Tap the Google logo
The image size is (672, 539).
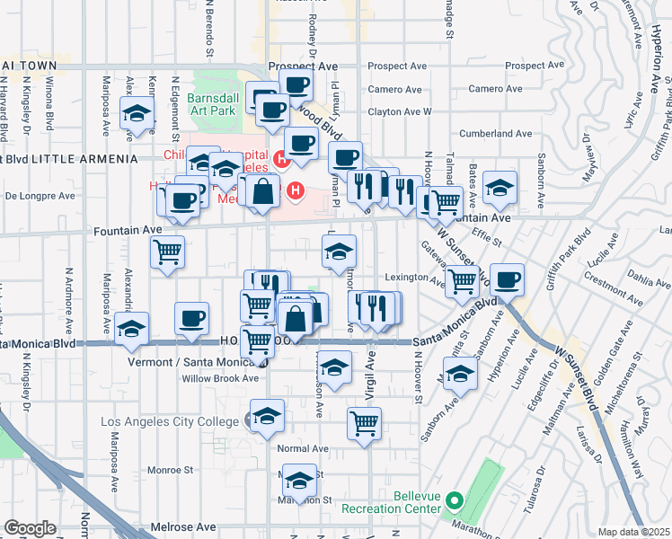tap(30, 527)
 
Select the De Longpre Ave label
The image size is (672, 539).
tap(38, 194)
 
